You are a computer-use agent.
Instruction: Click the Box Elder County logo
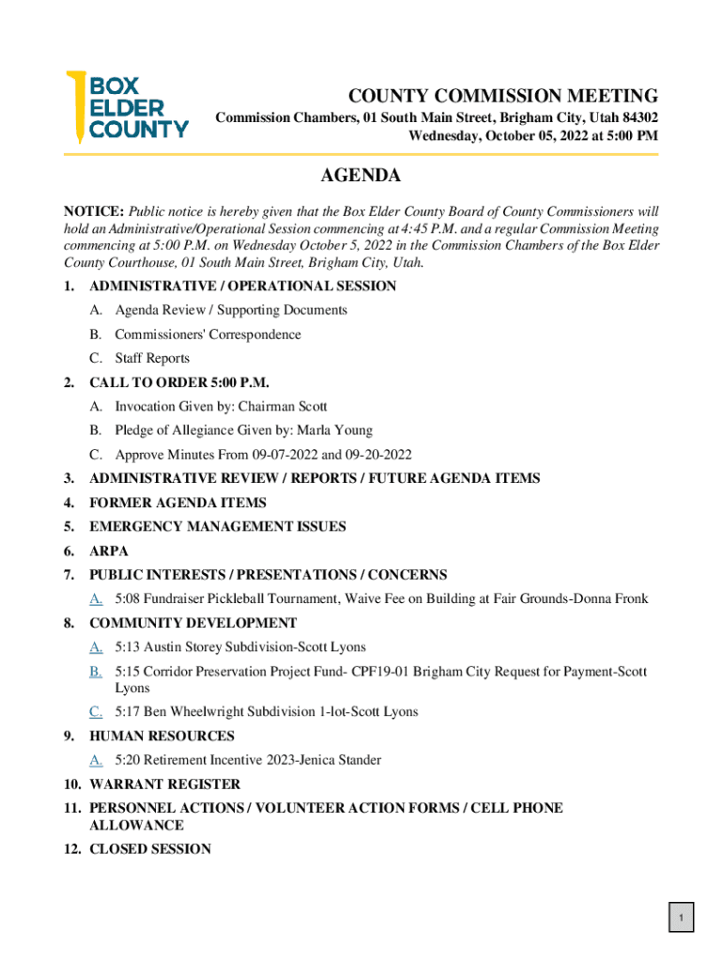click(126, 106)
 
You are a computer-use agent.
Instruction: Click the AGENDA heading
click(361, 176)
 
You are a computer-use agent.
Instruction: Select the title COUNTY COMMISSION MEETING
click(503, 96)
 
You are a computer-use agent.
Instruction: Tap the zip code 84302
click(635, 118)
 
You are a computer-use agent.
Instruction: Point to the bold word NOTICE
click(93, 210)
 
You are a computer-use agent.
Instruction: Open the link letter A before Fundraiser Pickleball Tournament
click(96, 598)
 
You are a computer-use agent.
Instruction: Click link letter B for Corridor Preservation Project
click(96, 672)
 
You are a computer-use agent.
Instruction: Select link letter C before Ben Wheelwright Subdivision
click(96, 711)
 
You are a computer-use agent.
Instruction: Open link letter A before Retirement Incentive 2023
click(96, 759)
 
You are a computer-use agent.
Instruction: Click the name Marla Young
click(335, 430)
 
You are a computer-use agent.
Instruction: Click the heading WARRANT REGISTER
click(164, 784)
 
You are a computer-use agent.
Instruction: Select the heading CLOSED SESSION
click(150, 848)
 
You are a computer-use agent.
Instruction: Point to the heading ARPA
click(109, 551)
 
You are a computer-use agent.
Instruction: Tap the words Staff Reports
click(152, 358)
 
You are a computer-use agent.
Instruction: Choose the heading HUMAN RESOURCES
click(162, 736)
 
